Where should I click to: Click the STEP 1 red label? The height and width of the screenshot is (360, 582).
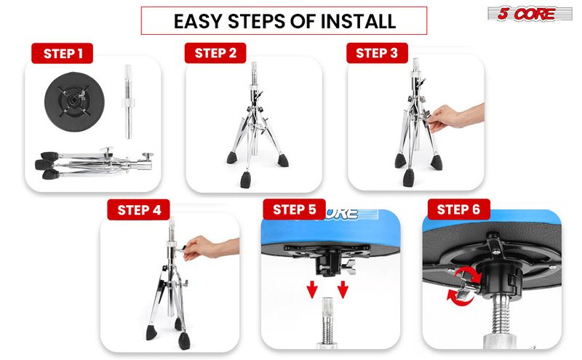tap(63, 53)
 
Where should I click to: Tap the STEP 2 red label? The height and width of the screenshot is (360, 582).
tap(215, 53)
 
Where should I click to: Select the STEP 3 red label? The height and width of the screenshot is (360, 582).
tap(377, 53)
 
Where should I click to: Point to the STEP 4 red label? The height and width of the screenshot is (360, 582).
tap(139, 210)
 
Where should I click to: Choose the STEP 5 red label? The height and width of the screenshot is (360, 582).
tap(295, 209)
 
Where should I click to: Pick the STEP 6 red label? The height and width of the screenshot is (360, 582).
tap(459, 209)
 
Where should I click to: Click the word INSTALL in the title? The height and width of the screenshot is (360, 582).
tap(358, 21)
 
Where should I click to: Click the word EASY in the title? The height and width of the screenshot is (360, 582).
tap(198, 21)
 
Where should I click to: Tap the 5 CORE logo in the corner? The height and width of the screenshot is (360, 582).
tap(530, 14)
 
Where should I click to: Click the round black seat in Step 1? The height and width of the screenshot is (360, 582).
tap(74, 101)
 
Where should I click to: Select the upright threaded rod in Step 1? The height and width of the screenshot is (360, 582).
tap(129, 102)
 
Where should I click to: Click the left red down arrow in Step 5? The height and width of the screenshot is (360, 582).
tap(312, 289)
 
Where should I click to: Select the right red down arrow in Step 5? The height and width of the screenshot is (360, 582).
tap(343, 289)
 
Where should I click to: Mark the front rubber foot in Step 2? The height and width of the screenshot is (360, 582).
tap(245, 180)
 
